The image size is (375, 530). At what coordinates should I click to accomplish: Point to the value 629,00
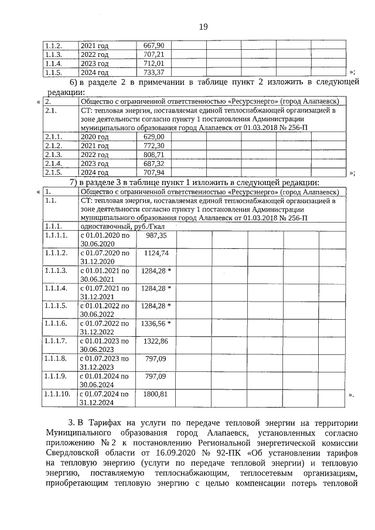(x=154, y=136)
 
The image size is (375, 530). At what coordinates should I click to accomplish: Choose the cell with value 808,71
(x=154, y=155)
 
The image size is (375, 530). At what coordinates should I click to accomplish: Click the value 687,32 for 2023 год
(x=154, y=163)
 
